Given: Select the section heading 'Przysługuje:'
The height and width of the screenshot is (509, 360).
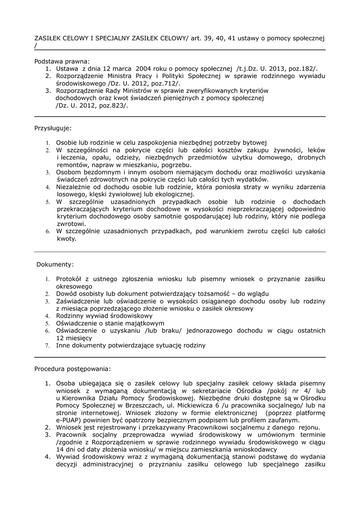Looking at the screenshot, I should (53, 128).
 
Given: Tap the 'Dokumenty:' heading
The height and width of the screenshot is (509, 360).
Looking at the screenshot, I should (55, 264).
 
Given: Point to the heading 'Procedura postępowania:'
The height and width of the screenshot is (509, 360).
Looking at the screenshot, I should (73, 369).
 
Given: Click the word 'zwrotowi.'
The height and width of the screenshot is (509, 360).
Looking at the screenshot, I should (71, 224).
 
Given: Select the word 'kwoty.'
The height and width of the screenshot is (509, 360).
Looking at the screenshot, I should (67, 239).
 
